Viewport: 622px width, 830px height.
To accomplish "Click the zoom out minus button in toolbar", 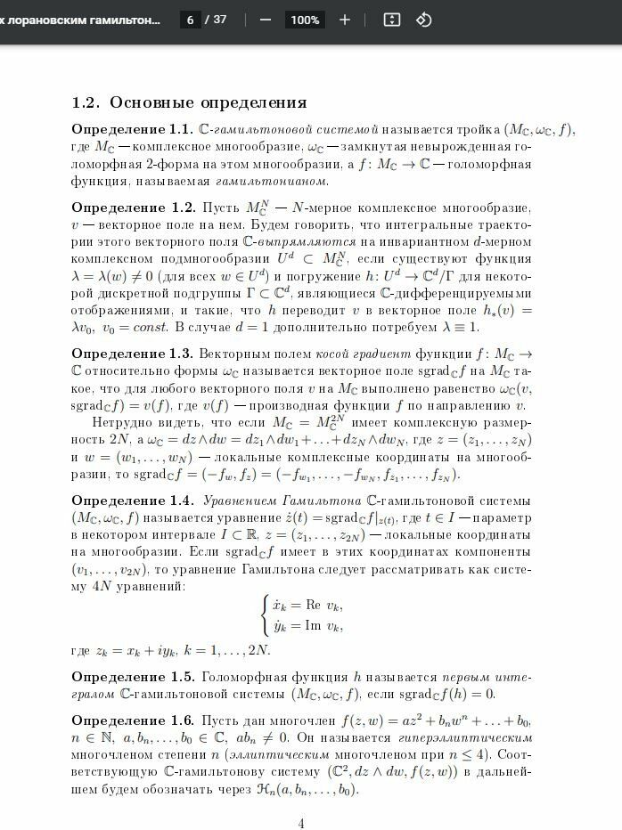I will [265, 20].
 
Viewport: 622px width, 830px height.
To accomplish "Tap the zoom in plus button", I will [345, 20].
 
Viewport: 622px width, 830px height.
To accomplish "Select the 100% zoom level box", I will [305, 20].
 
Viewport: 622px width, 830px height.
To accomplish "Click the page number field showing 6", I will [190, 20].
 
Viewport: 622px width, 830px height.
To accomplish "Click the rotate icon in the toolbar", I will [424, 20].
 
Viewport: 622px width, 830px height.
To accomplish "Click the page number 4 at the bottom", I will [301, 823].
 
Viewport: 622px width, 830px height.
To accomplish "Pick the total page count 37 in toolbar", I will [219, 20].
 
